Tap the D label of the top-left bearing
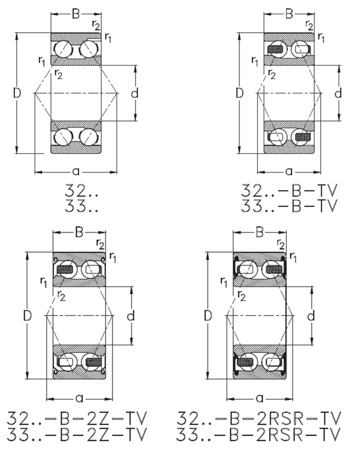(17, 93)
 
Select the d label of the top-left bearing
(134, 93)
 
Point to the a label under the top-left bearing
(76, 171)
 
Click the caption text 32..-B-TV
(288, 191)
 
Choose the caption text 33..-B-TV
(288, 206)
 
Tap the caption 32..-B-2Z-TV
(77, 418)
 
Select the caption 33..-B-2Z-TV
(77, 434)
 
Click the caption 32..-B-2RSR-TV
(259, 418)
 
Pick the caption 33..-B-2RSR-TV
(259, 434)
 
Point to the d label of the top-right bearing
(338, 93)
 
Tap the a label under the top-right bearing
(288, 171)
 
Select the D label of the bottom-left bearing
(27, 315)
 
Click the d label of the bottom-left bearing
(130, 315)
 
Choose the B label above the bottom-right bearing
(260, 232)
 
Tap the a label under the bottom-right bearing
(260, 397)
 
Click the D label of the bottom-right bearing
(208, 315)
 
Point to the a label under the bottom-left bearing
(80, 397)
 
